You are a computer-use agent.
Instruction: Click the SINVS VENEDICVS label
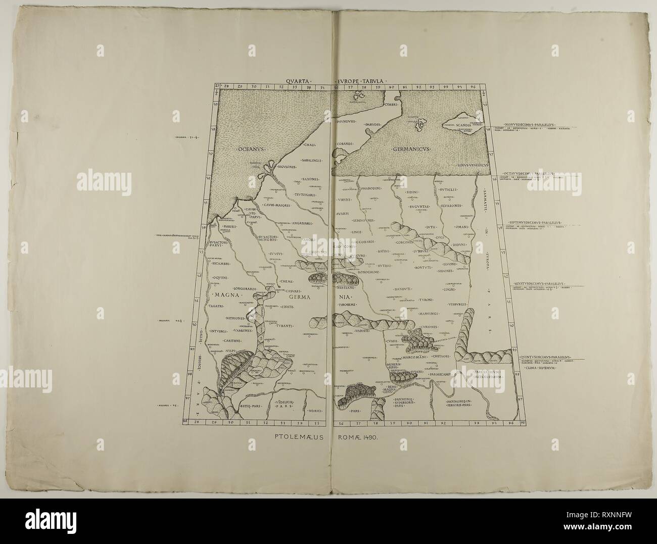tap(470, 165)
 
